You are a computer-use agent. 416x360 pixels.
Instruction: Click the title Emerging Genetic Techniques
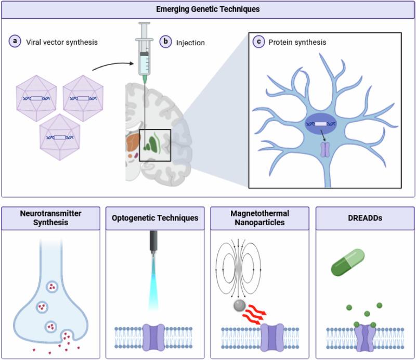(x=208, y=8)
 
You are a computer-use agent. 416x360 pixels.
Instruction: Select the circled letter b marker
(x=166, y=42)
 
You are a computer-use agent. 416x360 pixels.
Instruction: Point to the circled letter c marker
(x=259, y=42)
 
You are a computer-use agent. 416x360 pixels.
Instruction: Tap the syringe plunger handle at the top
(x=144, y=24)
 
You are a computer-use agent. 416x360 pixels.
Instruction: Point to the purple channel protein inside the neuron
(x=325, y=150)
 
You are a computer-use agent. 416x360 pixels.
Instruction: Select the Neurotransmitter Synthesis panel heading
(x=51, y=218)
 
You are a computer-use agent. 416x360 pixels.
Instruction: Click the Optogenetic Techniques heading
(x=155, y=218)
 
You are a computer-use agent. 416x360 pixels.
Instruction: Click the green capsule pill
(x=348, y=262)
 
